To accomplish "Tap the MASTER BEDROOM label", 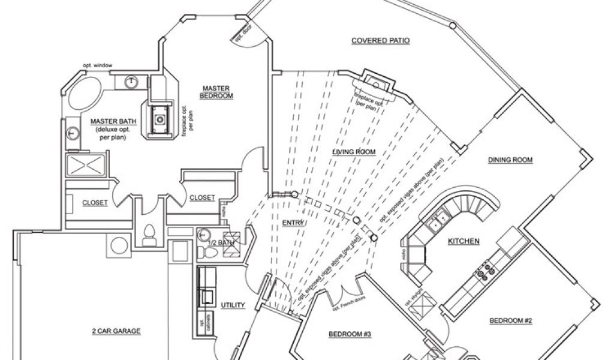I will [217, 91].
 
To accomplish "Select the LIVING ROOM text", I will [354, 152].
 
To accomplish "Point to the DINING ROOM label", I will [510, 160].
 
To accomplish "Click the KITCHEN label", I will [464, 241].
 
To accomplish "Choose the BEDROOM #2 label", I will [511, 320].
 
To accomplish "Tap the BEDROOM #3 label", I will [350, 335].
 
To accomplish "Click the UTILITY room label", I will [233, 305].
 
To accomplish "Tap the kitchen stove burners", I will [486, 268].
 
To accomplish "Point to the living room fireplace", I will [376, 84].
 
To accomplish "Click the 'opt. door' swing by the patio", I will [243, 33].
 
